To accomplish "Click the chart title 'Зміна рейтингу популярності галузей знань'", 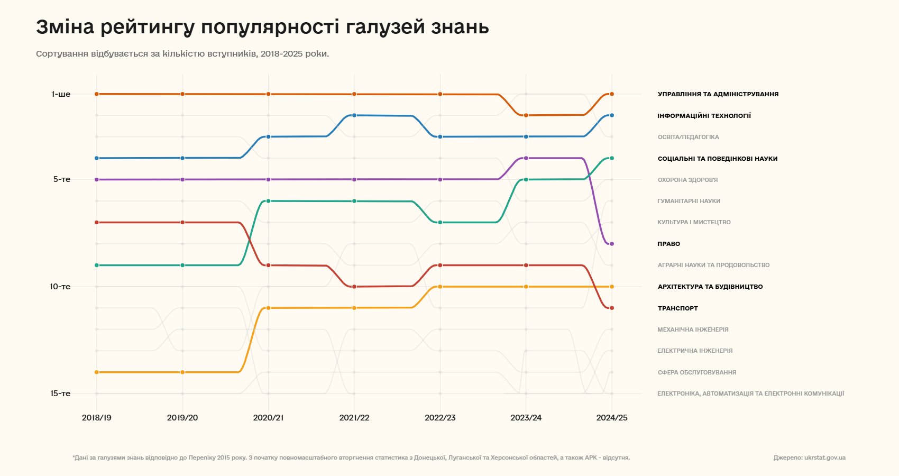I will click(262, 27).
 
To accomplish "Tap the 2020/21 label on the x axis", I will click(268, 418).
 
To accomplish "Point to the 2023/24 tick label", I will click(526, 418).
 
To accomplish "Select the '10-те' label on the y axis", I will click(60, 287).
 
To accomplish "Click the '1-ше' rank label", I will click(61, 94).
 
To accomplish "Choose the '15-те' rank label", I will click(60, 393).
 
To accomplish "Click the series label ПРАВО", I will click(668, 244).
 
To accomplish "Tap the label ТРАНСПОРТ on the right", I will click(677, 308).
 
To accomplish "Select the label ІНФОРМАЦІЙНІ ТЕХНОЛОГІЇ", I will click(704, 116).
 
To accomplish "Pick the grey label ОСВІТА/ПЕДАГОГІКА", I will click(688, 137).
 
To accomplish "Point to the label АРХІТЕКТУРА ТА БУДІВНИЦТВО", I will click(710, 287).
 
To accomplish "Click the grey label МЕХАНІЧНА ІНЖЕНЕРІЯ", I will click(693, 329).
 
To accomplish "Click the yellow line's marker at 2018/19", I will click(97, 372).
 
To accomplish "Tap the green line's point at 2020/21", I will click(268, 201).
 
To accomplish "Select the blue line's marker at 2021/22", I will click(354, 115).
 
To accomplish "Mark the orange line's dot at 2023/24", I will click(526, 115).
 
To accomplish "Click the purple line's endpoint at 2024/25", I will click(612, 244).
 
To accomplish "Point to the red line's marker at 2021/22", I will click(354, 287).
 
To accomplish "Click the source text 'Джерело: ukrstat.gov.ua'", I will click(809, 457).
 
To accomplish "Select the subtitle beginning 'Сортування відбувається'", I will click(182, 54).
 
